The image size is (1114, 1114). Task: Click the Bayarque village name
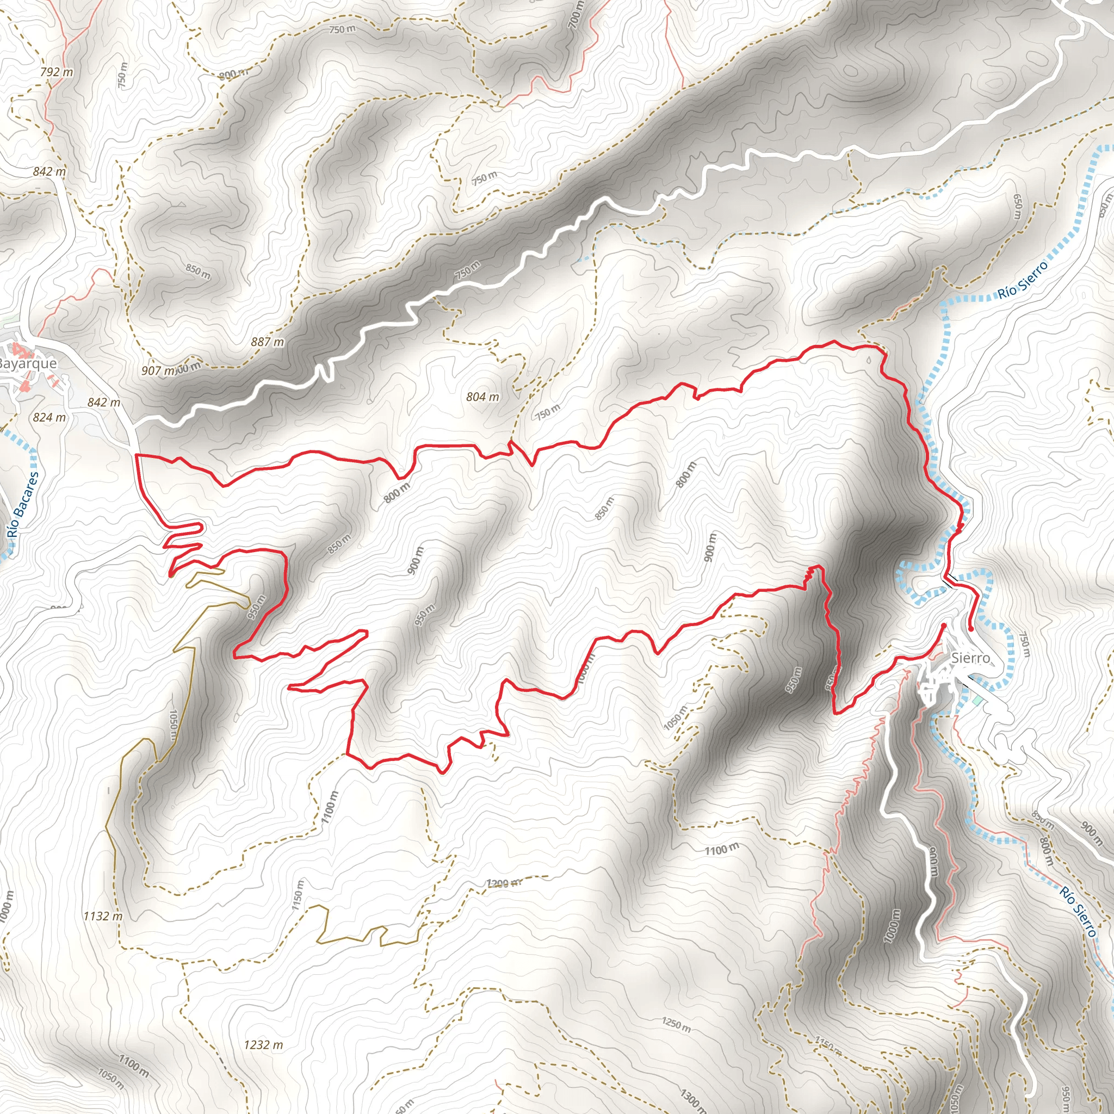pos(28,363)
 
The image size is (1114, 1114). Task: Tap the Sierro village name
pos(970,658)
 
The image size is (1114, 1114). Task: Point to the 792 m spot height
pos(57,72)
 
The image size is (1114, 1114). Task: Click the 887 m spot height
pos(268,342)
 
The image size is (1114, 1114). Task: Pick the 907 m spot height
pos(158,371)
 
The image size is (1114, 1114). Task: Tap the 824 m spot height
pos(49,417)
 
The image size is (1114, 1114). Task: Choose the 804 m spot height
pos(482,397)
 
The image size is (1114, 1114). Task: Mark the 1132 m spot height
pos(103,916)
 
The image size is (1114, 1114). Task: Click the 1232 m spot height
pos(263,1045)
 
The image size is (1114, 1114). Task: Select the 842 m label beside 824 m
pos(104,403)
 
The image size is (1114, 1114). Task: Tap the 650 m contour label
pos(1018,206)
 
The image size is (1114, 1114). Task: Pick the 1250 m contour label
pos(676,1025)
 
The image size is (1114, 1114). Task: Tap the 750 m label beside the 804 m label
pos(547,412)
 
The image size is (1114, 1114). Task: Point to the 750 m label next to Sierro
pos(1024,645)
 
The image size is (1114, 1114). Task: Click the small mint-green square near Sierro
pos(976,700)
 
